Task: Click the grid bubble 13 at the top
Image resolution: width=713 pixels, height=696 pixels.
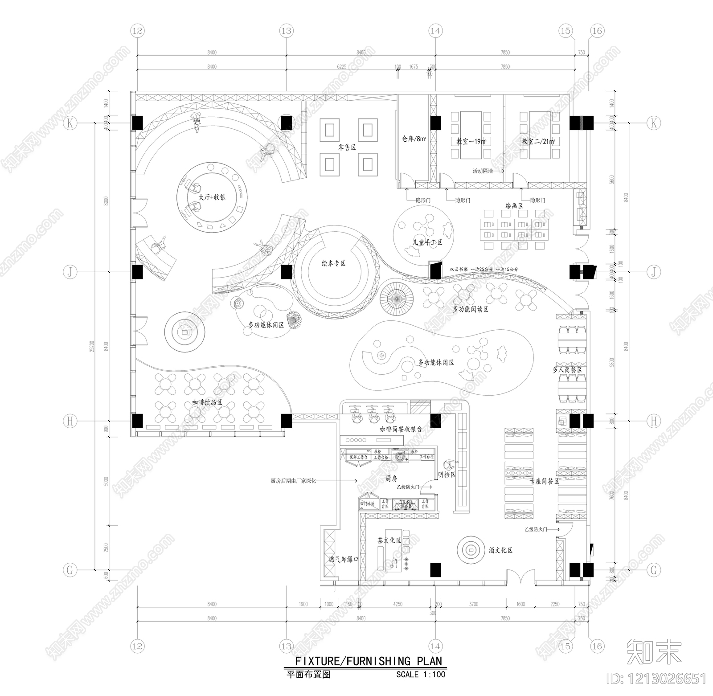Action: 286,31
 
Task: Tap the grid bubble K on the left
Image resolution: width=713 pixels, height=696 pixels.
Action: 70,123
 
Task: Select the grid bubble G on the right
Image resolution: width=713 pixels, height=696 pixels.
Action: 654,570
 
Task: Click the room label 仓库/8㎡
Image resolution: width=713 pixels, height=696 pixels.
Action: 414,139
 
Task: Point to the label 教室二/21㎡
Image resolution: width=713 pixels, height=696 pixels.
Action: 538,142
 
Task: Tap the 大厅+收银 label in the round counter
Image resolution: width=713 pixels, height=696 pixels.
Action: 212,197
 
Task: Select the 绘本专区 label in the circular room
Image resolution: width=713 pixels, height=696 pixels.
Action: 333,263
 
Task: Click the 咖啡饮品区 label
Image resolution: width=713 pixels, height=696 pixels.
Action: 207,402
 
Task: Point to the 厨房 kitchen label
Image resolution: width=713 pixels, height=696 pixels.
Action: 391,478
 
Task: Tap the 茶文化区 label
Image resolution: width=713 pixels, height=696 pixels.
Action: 389,540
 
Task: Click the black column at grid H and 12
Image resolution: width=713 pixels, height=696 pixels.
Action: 137,421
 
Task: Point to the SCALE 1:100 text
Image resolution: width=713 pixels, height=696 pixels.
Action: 421,674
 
